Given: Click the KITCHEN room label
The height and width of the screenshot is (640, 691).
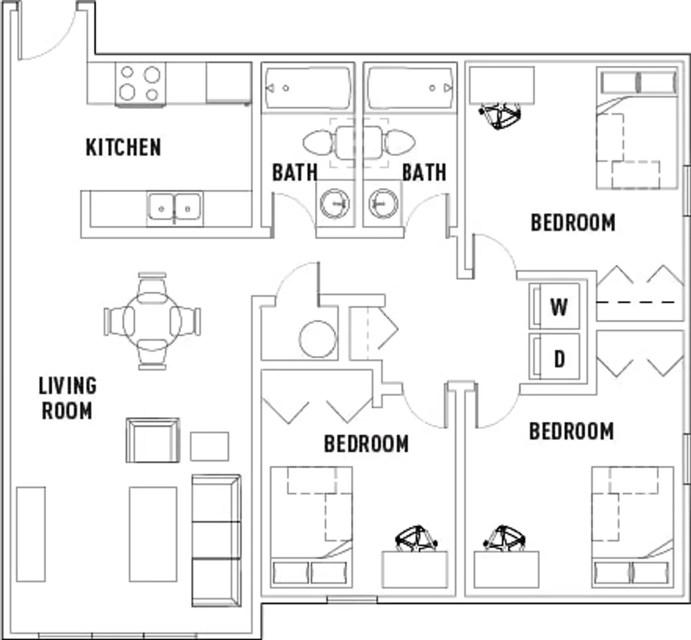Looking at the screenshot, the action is tap(123, 148).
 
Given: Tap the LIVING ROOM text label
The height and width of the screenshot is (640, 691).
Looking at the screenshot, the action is tap(68, 398).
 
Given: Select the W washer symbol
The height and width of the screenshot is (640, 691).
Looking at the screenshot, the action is tap(559, 306).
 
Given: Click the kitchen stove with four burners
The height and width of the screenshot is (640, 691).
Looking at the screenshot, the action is tap(140, 84).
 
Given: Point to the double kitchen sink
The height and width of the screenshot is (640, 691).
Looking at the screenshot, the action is tap(175, 208).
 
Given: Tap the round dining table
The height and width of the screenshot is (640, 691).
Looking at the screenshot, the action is tap(152, 321).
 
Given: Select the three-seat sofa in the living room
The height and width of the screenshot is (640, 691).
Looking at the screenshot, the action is tap(216, 541).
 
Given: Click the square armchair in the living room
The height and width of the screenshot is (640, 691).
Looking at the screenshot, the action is tap(153, 440).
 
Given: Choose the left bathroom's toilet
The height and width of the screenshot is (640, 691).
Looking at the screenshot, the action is tap(328, 143).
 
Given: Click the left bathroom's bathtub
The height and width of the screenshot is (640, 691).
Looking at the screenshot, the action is tap(308, 87).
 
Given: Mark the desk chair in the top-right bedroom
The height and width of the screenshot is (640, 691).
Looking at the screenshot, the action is tap(500, 115).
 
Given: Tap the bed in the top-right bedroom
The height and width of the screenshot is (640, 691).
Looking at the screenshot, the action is tap(637, 128).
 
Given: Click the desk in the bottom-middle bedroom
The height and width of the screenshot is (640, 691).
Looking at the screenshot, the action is tap(414, 569).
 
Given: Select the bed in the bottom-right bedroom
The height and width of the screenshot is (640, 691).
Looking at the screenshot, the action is tap(633, 527).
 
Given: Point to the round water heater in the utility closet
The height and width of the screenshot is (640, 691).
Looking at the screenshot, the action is tap(318, 338).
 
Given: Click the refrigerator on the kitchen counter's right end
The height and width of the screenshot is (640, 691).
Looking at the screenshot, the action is tap(229, 82).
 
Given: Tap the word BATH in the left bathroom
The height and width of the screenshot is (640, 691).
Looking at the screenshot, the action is tap(295, 172).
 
